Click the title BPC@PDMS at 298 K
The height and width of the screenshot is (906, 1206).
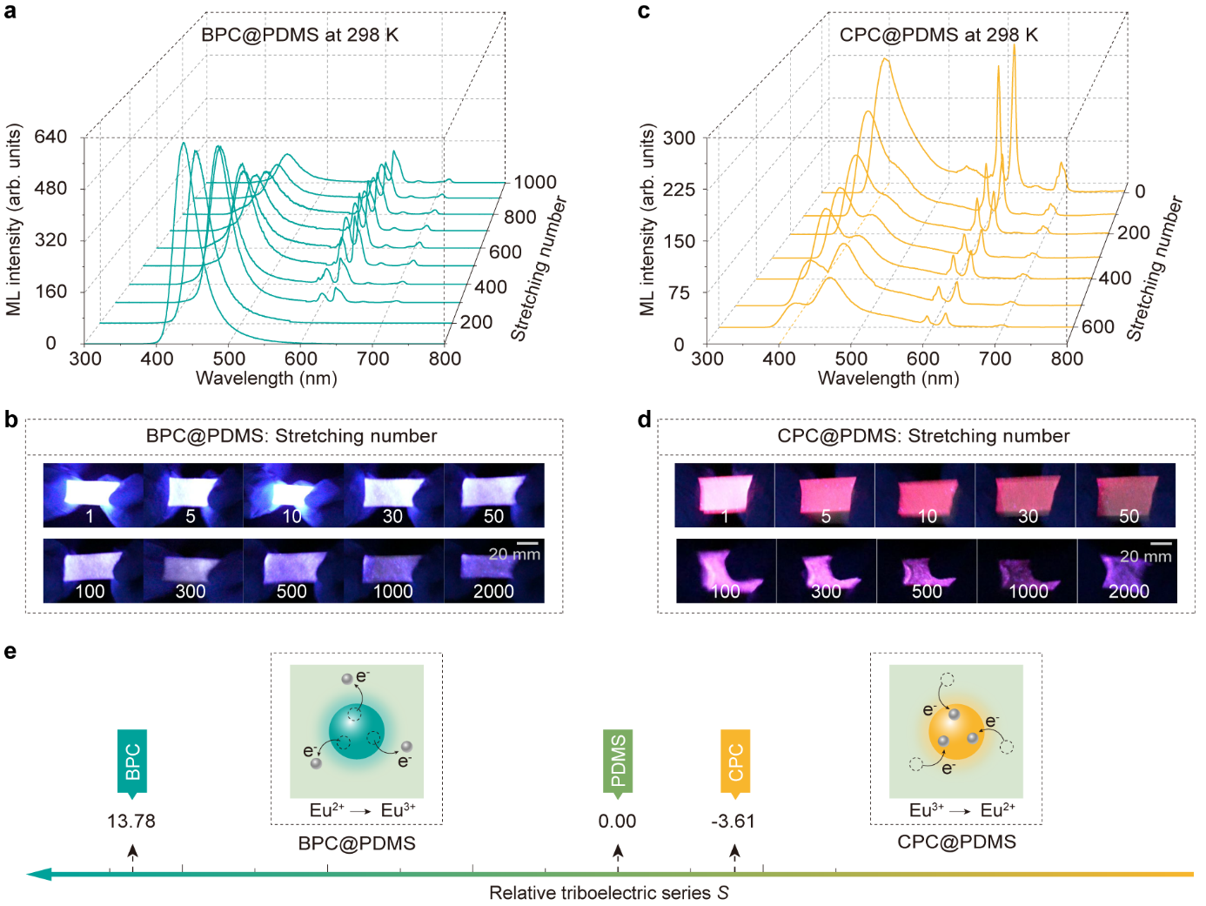pos(299,35)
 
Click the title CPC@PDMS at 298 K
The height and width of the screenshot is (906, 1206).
pos(938,35)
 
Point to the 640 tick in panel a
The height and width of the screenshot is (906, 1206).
pos(50,137)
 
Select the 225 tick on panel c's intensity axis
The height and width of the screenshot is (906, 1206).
pos(679,190)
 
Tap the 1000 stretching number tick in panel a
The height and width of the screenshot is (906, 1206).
pos(534,182)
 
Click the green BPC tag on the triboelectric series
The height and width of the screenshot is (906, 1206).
pos(132,762)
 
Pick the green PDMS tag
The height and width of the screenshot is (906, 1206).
pos(618,762)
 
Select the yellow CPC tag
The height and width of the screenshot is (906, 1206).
pos(735,762)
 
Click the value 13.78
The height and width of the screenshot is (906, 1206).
pos(131,821)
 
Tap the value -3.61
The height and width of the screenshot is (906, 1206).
pos(733,821)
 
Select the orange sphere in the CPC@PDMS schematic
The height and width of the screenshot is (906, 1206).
pos(956,731)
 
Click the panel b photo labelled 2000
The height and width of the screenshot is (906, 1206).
pos(494,571)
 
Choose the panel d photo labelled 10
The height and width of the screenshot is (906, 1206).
pos(925,495)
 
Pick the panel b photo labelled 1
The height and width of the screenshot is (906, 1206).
pos(93,495)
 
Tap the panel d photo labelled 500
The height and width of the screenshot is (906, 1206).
pos(927,571)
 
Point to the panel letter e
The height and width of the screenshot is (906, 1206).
pos(10,651)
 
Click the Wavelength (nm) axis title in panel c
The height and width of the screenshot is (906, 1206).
pos(888,379)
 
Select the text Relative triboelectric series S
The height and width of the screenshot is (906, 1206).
pos(608,893)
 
